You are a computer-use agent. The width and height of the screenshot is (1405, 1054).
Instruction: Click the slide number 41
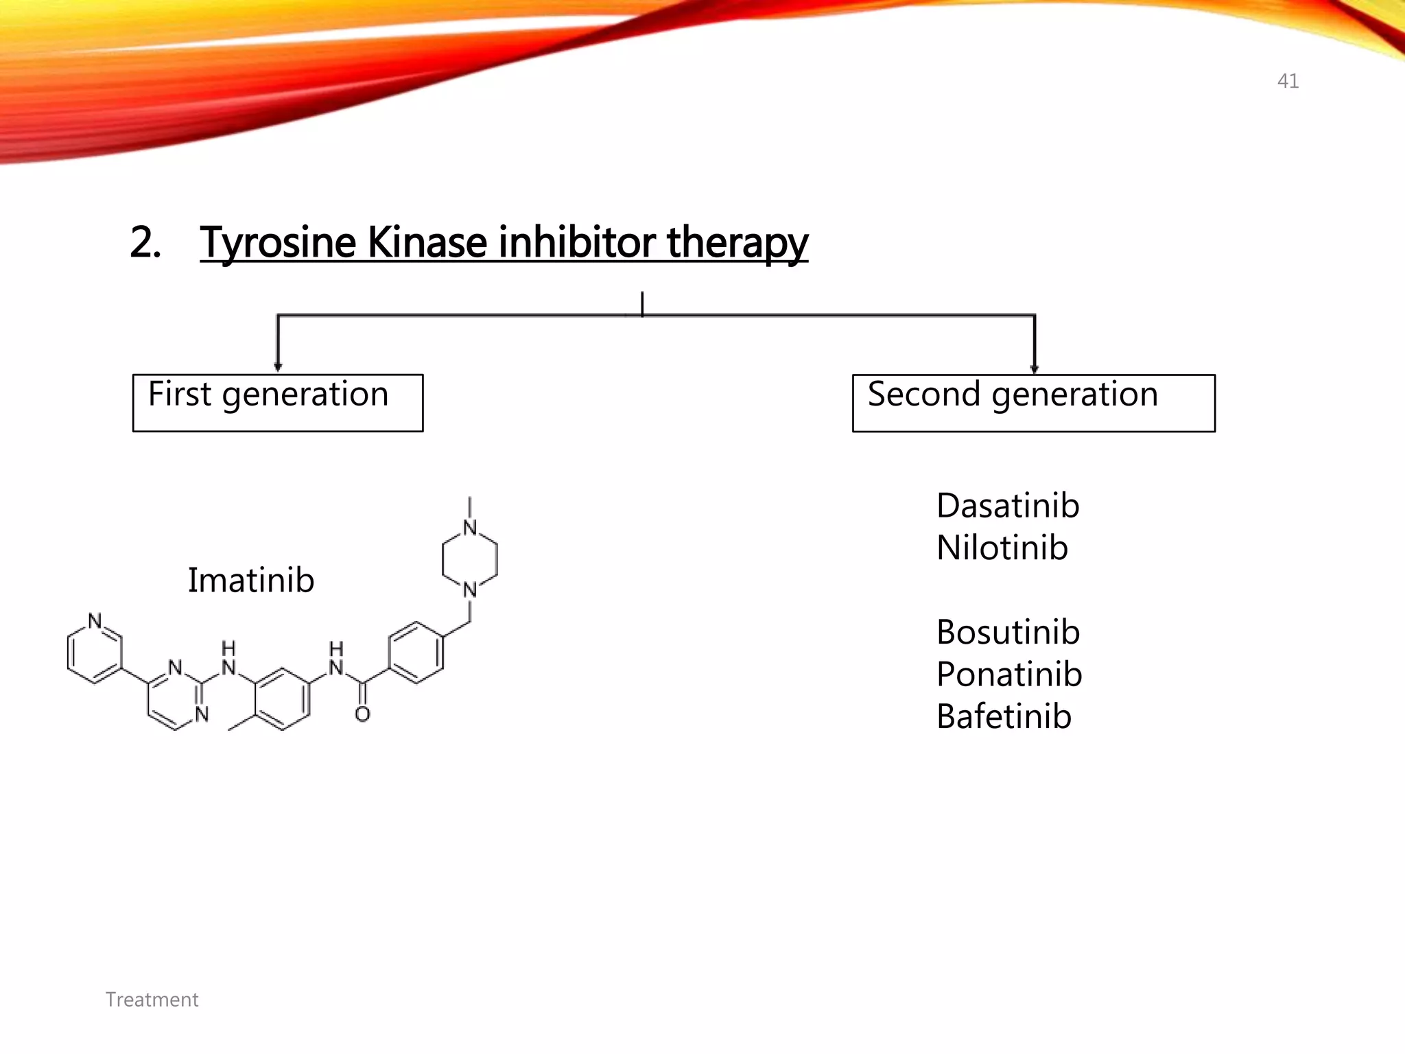tap(1288, 81)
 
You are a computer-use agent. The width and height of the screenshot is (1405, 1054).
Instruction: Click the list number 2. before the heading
tap(145, 243)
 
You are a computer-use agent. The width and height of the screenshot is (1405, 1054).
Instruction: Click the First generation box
tap(277, 403)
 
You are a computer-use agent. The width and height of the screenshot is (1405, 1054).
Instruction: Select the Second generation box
tap(1033, 403)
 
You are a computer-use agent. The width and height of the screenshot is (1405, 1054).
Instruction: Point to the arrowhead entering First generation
tap(278, 367)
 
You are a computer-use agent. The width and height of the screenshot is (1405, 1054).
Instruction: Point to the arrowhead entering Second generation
tap(1035, 368)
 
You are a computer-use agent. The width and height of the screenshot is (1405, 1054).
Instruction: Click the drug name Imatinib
tap(251, 581)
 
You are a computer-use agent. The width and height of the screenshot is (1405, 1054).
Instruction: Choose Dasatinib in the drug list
tap(1008, 506)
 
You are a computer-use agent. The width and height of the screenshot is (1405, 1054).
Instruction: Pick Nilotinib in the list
tap(1002, 548)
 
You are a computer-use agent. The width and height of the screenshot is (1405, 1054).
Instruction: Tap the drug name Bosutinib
tap(1008, 632)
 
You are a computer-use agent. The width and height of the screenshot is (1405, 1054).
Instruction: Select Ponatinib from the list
tap(1009, 675)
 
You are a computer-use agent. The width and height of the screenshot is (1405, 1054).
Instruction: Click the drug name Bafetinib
tap(1004, 717)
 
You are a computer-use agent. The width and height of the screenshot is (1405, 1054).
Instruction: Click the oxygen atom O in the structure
tap(362, 714)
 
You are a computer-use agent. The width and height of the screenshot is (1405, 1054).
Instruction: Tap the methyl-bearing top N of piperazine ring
tap(470, 528)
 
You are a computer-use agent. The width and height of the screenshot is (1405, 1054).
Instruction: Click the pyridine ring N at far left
tap(95, 621)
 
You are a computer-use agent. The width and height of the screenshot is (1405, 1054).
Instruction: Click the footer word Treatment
tap(152, 1000)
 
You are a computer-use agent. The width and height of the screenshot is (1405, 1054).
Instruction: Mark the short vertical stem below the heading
tap(642, 303)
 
